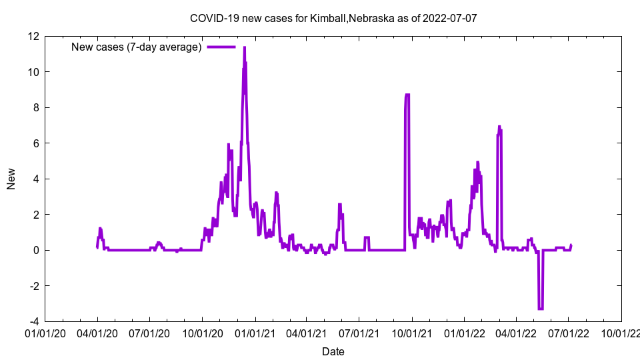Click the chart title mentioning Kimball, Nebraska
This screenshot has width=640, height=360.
(x=333, y=18)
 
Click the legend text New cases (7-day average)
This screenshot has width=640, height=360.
(x=137, y=47)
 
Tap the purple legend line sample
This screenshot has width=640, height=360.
(x=221, y=47)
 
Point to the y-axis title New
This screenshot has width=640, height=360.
(x=11, y=179)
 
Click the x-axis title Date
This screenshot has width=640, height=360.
(x=333, y=351)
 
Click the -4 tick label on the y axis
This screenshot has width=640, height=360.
(x=33, y=321)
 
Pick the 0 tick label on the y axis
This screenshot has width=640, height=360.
(x=36, y=250)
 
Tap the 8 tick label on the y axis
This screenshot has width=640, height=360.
(x=36, y=107)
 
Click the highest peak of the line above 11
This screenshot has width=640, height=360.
(x=245, y=48)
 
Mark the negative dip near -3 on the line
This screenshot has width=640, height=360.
(x=541, y=308)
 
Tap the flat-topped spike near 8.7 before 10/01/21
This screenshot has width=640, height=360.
(x=407, y=95)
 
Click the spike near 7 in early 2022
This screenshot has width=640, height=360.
(x=499, y=127)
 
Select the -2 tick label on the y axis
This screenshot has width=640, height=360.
(x=33, y=286)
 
